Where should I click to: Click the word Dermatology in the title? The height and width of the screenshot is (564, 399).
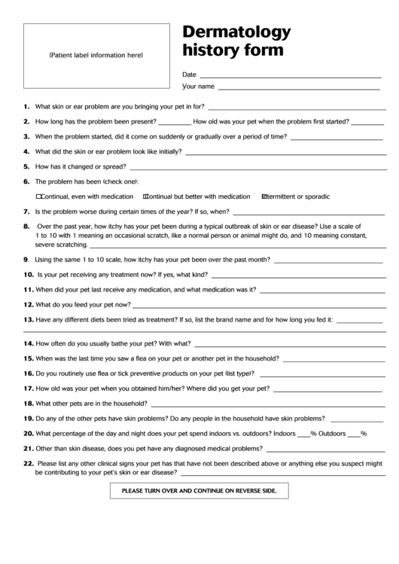(236, 32)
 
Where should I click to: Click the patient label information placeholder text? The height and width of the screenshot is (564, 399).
(96, 56)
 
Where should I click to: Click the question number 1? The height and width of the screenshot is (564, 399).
(26, 107)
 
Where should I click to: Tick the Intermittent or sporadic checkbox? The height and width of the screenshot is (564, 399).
(263, 196)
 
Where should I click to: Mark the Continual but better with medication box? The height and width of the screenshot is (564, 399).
(145, 196)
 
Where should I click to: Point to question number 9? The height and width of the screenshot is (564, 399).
(26, 259)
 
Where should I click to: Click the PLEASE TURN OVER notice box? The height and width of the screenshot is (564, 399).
(200, 491)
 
